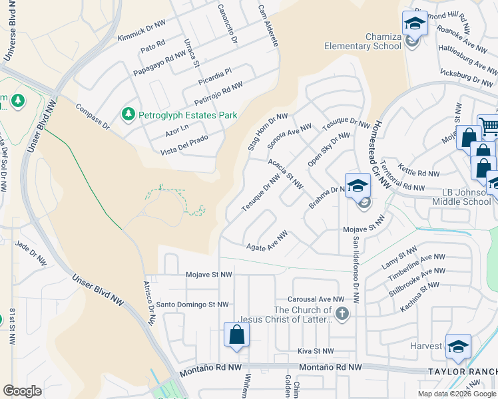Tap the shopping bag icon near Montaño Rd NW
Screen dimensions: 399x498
tap(236, 335)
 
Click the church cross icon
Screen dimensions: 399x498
tap(342, 314)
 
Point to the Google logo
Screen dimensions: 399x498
tap(23, 390)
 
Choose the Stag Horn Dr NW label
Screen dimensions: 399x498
tap(268, 131)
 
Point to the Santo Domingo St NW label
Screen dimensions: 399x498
tap(192, 305)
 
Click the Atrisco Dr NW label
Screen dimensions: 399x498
tap(149, 310)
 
